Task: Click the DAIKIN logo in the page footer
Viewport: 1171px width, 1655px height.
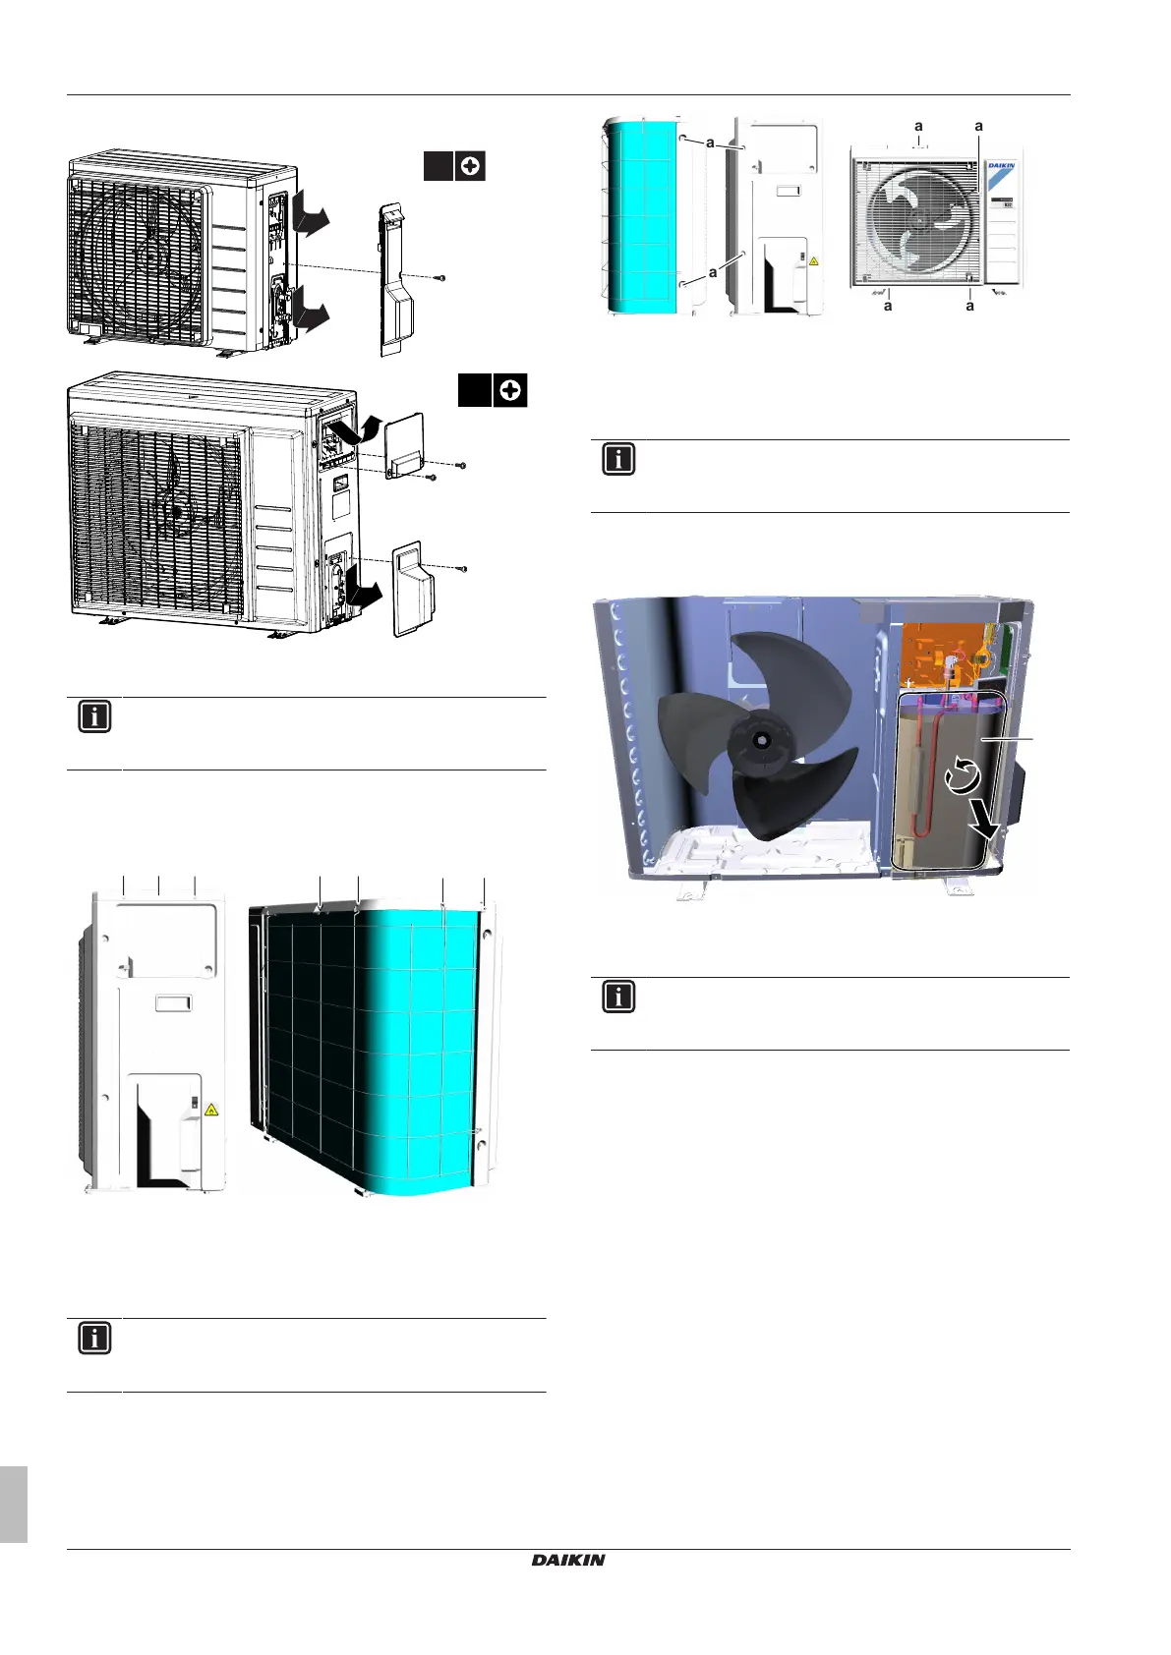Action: pyautogui.click(x=568, y=1560)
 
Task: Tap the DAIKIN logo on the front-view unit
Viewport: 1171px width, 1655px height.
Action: pyautogui.click(x=1001, y=166)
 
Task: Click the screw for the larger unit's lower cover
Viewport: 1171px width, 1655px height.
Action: pyautogui.click(x=463, y=569)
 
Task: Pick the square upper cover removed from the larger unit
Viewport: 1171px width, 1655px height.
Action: pyautogui.click(x=403, y=445)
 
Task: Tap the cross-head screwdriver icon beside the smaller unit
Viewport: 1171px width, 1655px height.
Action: pyautogui.click(x=470, y=166)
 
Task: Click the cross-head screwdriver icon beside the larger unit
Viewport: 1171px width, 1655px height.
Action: pyautogui.click(x=510, y=390)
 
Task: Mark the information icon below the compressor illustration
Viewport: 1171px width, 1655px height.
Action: pyautogui.click(x=617, y=998)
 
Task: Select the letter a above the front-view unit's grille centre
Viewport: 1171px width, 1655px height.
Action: pyautogui.click(x=918, y=126)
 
